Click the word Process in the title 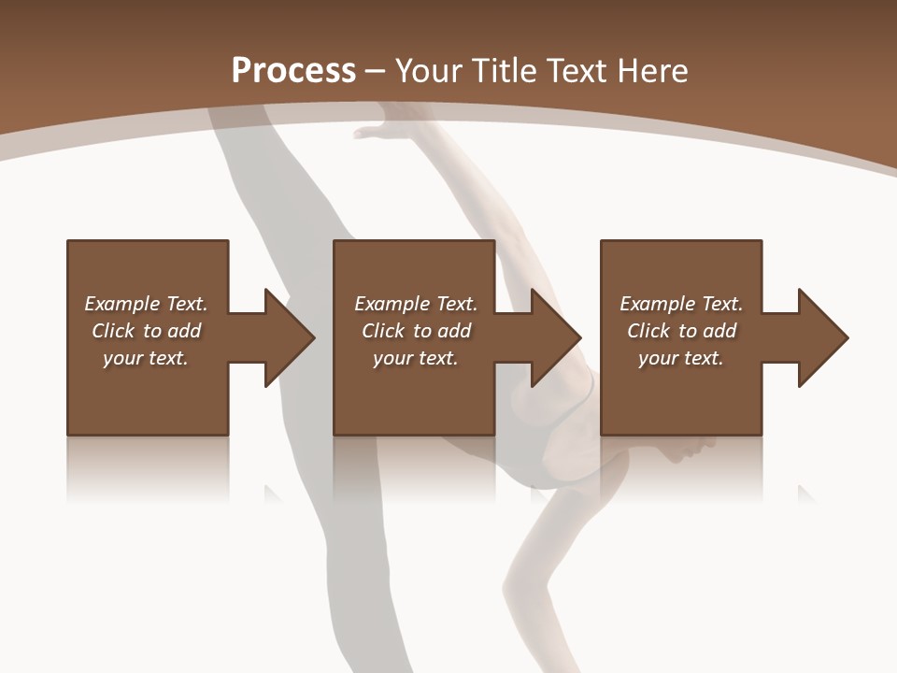tap(293, 71)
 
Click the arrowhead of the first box tap(289, 337)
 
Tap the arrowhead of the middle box tap(555, 337)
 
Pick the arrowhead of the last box tap(822, 337)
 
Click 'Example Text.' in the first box tap(146, 304)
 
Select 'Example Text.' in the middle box tap(415, 304)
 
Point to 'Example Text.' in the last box tap(680, 304)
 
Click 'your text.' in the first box tap(146, 358)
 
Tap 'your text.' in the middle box tap(415, 358)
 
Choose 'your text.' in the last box tap(680, 358)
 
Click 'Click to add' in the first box tap(146, 331)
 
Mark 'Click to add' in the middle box tap(415, 331)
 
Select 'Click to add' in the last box tap(680, 331)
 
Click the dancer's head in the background tap(687, 449)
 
